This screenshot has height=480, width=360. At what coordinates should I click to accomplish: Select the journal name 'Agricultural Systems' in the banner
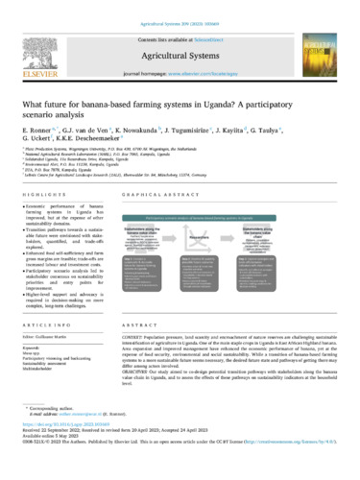coord(180,44)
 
